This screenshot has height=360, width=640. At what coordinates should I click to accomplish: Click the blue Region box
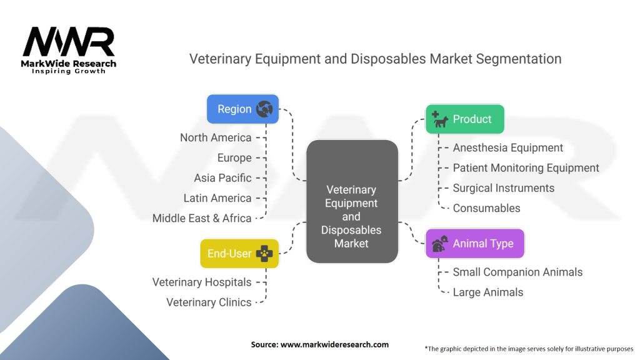coord(242,109)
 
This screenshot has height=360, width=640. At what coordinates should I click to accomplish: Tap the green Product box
coord(464,119)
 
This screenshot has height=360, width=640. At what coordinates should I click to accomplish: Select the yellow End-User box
coord(239,253)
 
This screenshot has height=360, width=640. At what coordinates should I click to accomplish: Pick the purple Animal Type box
coord(474,243)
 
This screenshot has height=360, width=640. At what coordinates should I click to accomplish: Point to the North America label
coord(216,137)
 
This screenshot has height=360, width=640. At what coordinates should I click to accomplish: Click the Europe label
coord(234,157)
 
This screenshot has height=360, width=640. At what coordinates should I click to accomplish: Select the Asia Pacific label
coord(222,177)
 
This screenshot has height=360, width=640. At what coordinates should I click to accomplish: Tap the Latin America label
coord(217,197)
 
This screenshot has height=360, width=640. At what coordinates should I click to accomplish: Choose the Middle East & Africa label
coord(202,218)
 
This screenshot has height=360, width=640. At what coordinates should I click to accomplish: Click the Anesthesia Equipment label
coord(507,147)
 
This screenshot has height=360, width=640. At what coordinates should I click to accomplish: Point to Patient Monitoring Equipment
coord(526,167)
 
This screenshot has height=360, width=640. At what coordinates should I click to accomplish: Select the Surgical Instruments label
coord(503,187)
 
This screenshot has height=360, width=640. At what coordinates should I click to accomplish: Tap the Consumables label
coord(486,207)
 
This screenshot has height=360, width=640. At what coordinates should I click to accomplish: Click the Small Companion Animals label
coord(517,272)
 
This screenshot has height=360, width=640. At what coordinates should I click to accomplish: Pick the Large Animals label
coord(487,292)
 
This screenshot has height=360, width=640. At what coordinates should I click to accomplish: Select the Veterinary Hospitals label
coord(202,282)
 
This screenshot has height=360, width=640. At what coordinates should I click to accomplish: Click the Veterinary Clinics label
coord(209,302)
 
